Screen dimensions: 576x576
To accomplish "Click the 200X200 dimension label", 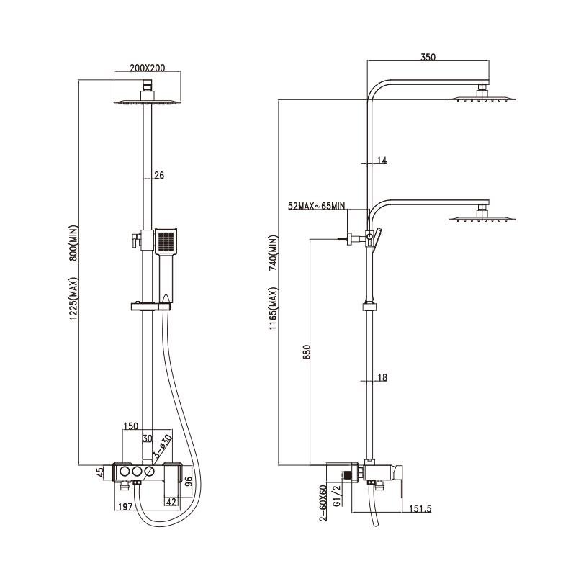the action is click(148, 68).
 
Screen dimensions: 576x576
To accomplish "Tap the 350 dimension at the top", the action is click(428, 57).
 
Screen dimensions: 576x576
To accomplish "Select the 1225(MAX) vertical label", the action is click(74, 298).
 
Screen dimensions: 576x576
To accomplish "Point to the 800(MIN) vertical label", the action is click(74, 243).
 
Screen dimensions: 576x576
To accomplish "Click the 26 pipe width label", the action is click(159, 175).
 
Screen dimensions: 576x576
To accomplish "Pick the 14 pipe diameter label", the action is click(382, 161).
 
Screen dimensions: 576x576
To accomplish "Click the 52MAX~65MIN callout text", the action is click(317, 206).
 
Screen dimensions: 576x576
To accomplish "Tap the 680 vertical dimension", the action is click(307, 351).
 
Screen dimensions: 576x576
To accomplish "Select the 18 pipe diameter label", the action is click(382, 377).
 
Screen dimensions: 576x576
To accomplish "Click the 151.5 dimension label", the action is click(420, 509).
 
